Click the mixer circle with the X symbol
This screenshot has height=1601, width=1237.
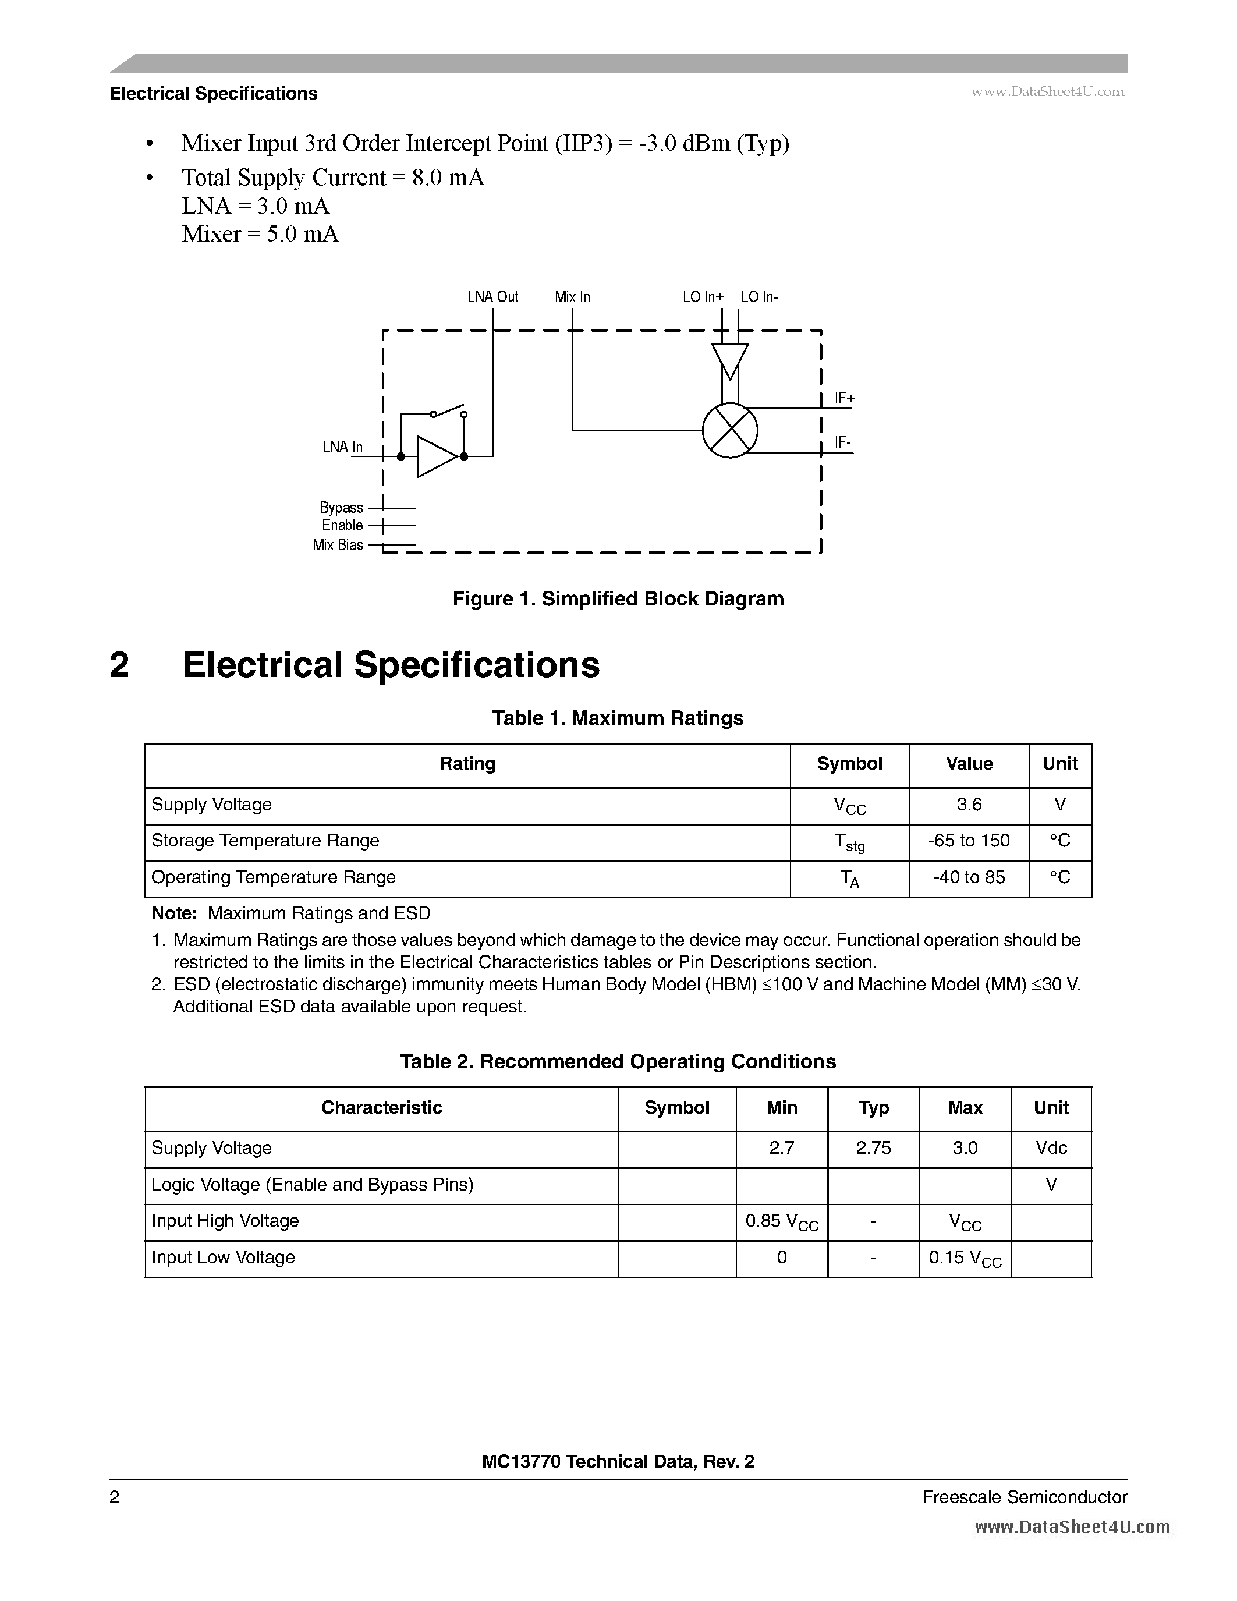[729, 431]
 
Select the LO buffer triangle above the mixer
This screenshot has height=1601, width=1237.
[730, 360]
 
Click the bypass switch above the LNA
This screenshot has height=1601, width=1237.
[448, 410]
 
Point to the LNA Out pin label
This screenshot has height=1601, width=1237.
[492, 297]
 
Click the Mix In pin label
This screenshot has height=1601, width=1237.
[572, 297]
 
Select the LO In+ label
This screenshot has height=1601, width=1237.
[703, 297]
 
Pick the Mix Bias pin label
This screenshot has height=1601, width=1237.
[338, 545]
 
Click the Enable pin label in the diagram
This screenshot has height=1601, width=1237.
[342, 525]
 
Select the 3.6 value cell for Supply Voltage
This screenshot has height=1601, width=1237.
[969, 805]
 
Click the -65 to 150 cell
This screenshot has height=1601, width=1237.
[969, 841]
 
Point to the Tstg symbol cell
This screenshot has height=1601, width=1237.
[849, 843]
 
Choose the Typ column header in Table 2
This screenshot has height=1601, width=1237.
[874, 1108]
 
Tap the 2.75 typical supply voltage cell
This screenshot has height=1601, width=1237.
[874, 1148]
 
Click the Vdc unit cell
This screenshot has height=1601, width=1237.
[1051, 1148]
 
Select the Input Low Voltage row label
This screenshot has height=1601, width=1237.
[224, 1257]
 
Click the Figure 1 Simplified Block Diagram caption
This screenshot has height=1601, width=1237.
[618, 599]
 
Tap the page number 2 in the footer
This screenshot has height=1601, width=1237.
[114, 1497]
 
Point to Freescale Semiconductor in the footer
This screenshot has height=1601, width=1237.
[1025, 1497]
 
